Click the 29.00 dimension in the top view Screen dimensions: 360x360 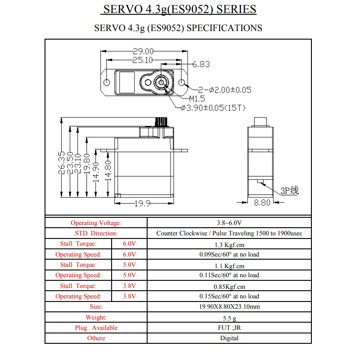click(x=143, y=51)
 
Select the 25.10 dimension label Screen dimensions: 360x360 click(x=142, y=60)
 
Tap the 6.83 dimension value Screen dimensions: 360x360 click(x=201, y=64)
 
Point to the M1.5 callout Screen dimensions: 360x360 click(x=197, y=99)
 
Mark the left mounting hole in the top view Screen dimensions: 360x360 click(x=107, y=83)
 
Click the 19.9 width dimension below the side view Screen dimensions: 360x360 click(x=142, y=203)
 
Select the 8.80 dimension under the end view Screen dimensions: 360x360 click(x=262, y=203)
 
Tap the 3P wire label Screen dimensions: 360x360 click(x=289, y=191)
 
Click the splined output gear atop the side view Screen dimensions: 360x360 click(x=162, y=122)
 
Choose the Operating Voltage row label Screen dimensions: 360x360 click(x=96, y=223)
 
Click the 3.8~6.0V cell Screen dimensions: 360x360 click(x=229, y=223)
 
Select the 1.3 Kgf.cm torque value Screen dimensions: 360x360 click(x=229, y=245)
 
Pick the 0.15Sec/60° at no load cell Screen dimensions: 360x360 click(x=229, y=296)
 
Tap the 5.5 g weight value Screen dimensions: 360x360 click(x=229, y=317)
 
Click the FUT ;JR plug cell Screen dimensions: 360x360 click(x=229, y=328)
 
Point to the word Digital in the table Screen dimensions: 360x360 click(x=229, y=338)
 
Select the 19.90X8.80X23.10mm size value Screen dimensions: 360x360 click(x=229, y=307)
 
